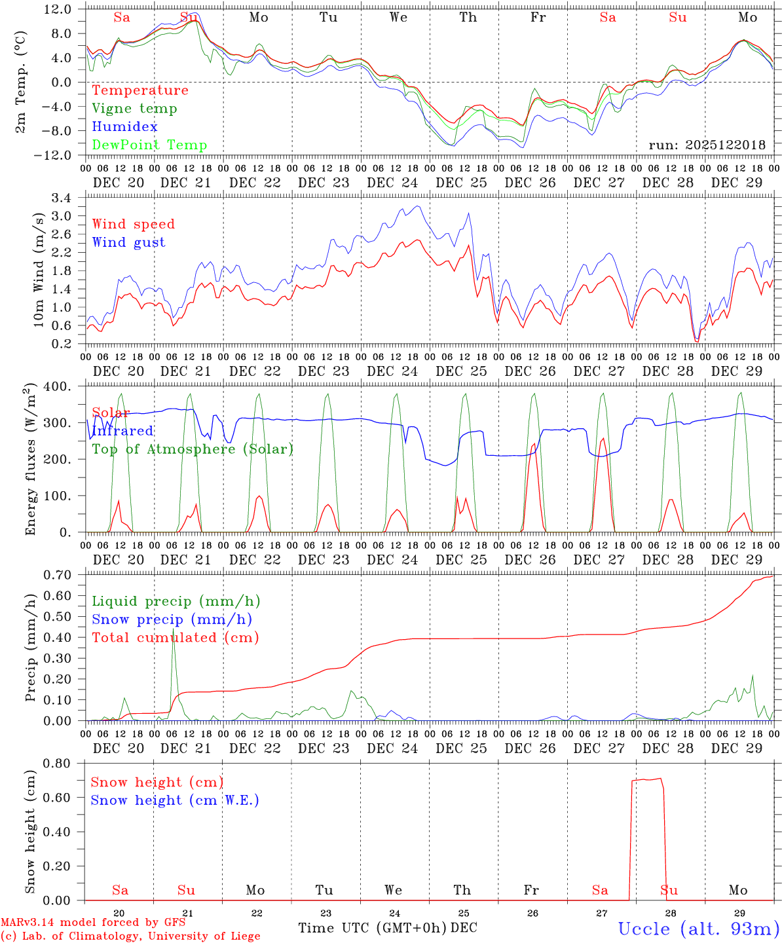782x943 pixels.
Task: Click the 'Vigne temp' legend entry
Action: [x=134, y=109]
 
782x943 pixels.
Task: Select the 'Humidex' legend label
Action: [x=124, y=127]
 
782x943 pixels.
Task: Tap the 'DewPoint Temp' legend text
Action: [x=149, y=145]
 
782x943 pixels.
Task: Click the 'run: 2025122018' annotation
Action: [x=707, y=145]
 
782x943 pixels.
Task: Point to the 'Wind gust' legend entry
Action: [x=128, y=242]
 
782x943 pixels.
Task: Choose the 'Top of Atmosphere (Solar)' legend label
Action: [x=192, y=449]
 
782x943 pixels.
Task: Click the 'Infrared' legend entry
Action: [x=122, y=431]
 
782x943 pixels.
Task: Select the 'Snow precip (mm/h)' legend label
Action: [x=172, y=619]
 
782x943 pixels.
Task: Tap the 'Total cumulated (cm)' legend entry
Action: [x=175, y=638]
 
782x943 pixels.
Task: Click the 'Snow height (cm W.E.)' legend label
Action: [x=174, y=800]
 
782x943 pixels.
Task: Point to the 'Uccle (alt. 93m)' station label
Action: [x=698, y=929]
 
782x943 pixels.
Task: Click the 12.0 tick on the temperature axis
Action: [x=58, y=9]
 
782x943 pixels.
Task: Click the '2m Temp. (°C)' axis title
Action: [x=21, y=81]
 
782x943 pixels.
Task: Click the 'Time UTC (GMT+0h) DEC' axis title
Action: [x=387, y=928]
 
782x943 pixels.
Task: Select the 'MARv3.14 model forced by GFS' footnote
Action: [x=92, y=923]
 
